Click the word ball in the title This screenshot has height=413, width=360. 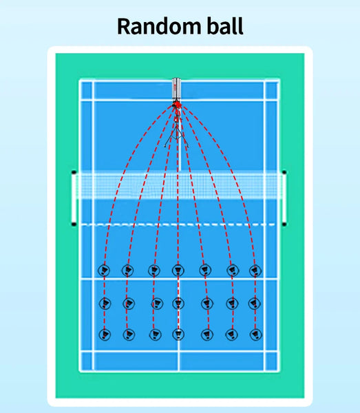225,26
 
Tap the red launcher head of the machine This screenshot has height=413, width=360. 177,105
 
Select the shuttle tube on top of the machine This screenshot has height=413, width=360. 176,89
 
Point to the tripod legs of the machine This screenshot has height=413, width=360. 176,136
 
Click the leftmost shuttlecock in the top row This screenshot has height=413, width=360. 104,271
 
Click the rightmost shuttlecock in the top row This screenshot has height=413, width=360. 255,271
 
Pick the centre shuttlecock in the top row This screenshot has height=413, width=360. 178,271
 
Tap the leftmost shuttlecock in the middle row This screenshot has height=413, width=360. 105,304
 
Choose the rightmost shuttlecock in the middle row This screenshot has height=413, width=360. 254,304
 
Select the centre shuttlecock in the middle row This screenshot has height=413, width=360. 178,304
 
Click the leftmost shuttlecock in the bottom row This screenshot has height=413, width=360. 105,335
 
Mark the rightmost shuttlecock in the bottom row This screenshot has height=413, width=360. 255,335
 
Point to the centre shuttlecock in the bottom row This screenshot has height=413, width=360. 178,335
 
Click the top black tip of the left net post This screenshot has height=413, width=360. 74,173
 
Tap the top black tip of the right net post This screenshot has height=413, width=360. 284,173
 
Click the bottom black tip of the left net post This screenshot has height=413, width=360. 74,224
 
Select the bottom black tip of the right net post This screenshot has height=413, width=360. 284,224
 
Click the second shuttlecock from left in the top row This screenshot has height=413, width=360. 128,271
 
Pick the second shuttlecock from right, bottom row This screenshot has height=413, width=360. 231,335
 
